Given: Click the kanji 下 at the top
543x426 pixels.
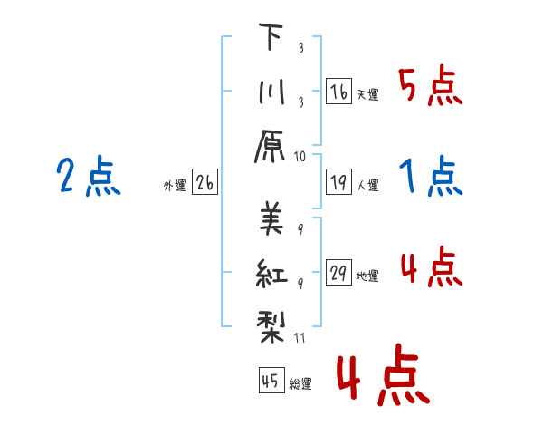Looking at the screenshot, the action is [x=271, y=36].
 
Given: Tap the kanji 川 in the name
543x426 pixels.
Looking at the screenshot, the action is [x=271, y=92].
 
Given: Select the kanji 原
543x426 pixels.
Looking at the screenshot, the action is [x=270, y=147].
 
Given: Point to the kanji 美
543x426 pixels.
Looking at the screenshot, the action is [x=271, y=218].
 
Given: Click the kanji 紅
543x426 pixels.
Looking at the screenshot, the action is [x=271, y=273].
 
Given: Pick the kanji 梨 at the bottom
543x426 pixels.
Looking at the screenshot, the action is [x=271, y=327].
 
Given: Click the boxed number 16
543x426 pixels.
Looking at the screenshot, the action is [x=338, y=92].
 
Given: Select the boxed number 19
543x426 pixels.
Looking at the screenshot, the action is [x=338, y=182].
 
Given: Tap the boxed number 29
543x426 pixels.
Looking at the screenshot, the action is [x=338, y=272].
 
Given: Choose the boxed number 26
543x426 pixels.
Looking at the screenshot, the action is [x=205, y=182].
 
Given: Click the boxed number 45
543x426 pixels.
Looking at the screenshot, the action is [x=271, y=380].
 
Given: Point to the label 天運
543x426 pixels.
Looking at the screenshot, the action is [x=368, y=94].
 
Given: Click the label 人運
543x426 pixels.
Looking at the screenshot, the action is [x=368, y=185].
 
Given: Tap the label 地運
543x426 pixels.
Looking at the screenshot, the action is [x=367, y=276].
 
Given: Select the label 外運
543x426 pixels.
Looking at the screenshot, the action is [x=175, y=186].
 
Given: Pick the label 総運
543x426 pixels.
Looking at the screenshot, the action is [x=300, y=383].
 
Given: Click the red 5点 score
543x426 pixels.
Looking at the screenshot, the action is [x=431, y=85].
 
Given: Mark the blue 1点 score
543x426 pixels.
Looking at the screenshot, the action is [x=431, y=176].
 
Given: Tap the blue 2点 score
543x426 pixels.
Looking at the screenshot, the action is [x=89, y=176].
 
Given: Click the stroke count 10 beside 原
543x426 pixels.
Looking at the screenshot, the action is [x=300, y=157].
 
